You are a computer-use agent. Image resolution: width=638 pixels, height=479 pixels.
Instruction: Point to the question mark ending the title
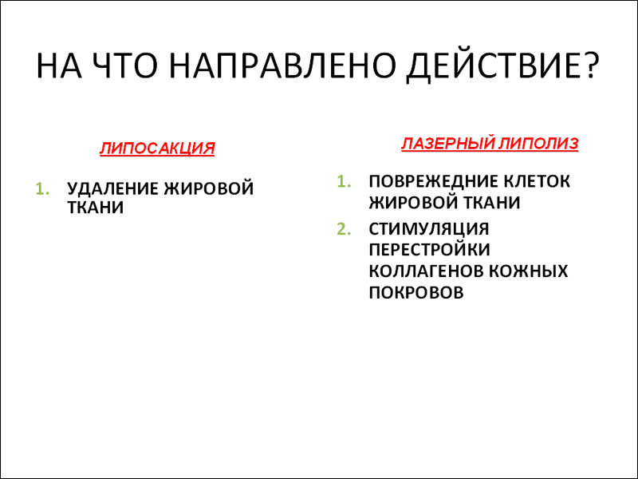590,65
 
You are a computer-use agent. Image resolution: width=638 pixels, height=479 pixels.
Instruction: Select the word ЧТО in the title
124,65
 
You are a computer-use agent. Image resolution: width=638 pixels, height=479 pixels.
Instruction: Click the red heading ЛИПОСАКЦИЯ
157,148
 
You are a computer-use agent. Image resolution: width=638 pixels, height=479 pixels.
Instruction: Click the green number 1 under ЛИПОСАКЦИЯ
42,189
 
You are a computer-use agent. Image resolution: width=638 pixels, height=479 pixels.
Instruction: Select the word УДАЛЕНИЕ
113,188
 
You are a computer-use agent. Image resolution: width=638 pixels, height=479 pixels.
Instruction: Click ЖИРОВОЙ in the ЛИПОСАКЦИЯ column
209,188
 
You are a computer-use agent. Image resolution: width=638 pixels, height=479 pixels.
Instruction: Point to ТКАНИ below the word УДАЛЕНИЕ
95,208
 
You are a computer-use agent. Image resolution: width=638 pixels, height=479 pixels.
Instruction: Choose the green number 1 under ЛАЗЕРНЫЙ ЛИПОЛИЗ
345,182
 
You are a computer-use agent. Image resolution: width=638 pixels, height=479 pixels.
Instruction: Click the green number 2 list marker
344,229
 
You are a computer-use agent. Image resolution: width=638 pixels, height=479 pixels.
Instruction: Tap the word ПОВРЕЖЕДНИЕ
434,182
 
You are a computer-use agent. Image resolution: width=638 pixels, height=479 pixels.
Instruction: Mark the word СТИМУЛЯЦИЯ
429,229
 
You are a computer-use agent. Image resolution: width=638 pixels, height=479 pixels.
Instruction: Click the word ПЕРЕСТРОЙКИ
429,250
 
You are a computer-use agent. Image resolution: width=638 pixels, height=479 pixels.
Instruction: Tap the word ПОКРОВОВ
416,292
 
